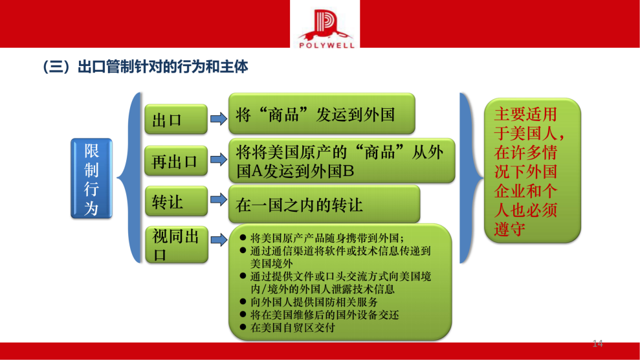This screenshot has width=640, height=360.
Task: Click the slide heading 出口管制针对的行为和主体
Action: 145,67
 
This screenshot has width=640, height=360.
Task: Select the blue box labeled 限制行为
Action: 91,178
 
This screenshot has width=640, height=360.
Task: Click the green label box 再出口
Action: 175,161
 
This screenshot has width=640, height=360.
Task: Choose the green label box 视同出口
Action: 175,245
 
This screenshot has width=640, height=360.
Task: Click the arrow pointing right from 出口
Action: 218,118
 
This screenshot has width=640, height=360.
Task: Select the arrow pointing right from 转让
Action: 218,201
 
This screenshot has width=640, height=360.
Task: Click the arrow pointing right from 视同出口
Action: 218,241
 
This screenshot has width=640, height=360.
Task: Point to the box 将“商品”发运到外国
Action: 322,115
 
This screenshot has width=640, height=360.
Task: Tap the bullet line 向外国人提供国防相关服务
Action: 314,302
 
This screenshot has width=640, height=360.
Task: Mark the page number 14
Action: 597,343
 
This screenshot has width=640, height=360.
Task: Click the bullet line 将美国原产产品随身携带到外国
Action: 327,237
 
